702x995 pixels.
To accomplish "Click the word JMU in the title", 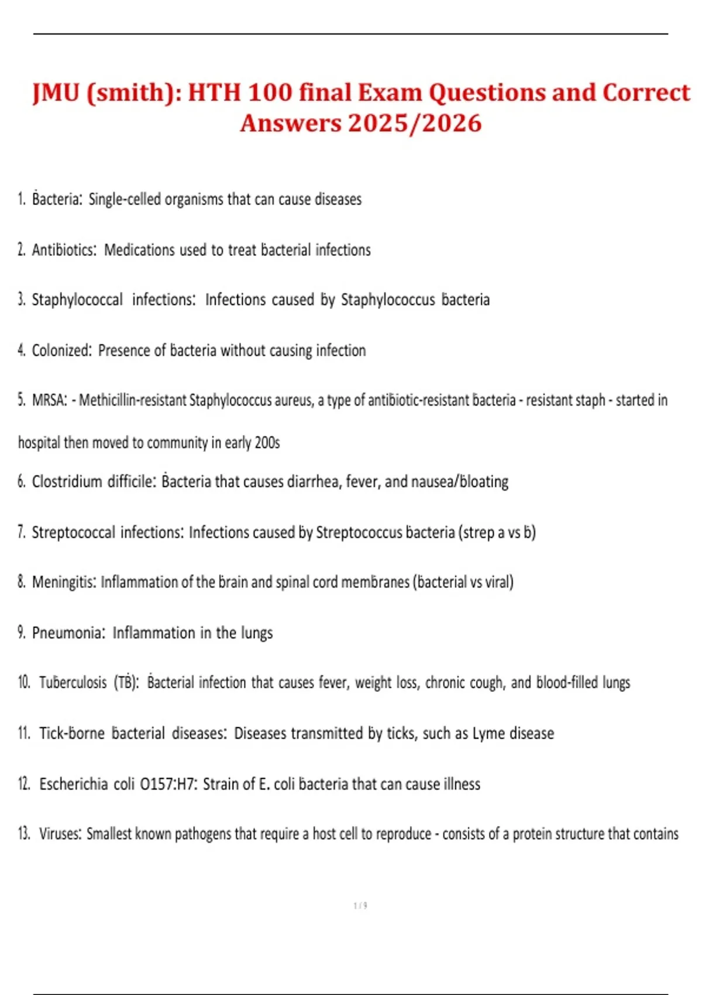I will (56, 92).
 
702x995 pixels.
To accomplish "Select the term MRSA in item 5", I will (49, 400).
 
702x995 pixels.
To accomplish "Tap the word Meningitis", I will (64, 582).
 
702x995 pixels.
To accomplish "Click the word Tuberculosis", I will (73, 683).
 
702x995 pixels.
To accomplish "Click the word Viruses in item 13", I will (60, 834).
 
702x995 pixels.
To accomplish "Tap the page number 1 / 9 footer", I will (360, 905).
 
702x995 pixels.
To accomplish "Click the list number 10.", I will (24, 683).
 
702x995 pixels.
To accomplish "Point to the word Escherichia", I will (74, 784).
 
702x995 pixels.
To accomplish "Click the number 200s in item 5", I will (267, 442).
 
